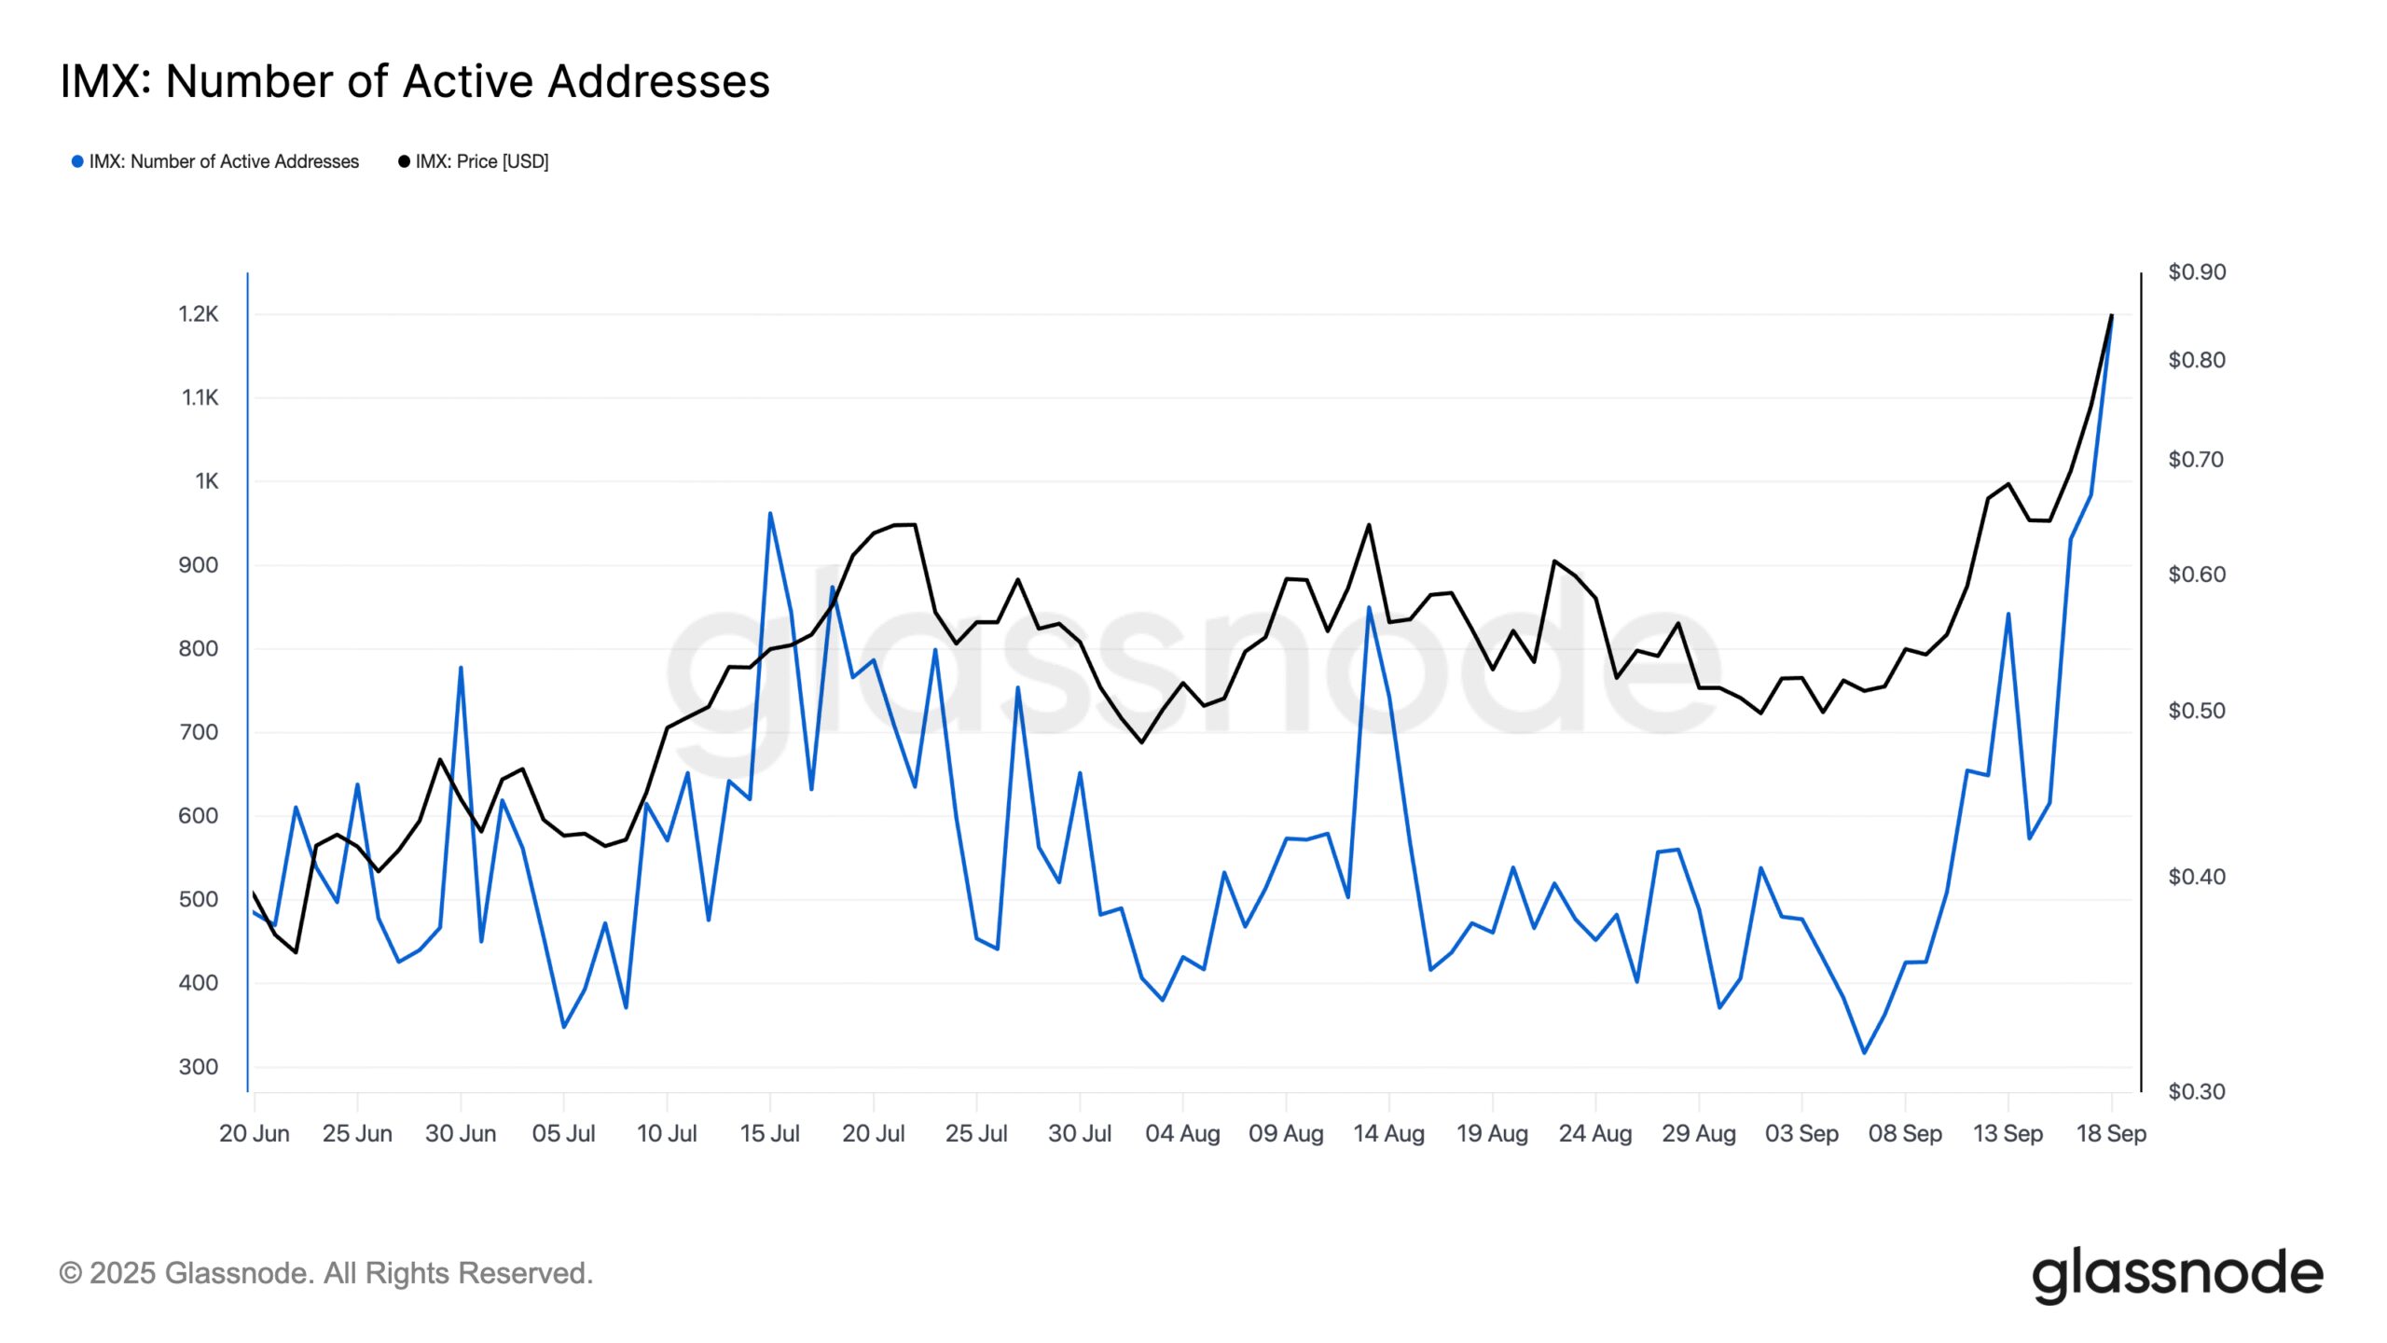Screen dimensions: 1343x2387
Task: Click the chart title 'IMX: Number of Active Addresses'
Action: point(415,81)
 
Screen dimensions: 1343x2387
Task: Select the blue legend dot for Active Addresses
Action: point(77,161)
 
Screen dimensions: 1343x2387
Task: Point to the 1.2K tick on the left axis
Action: point(199,314)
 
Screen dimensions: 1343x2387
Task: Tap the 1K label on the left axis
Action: point(206,481)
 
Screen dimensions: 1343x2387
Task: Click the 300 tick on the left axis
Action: point(199,1067)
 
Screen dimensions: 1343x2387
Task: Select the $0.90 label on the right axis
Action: point(2196,272)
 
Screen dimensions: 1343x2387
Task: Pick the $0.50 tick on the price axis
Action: point(2196,711)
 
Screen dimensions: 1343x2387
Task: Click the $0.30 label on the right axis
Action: point(2196,1092)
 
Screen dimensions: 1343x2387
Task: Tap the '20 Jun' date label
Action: point(254,1134)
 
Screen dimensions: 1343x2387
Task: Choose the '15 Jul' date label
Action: point(769,1134)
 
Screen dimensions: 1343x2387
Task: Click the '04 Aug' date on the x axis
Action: point(1182,1134)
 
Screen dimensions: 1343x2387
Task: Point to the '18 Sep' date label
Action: point(2111,1134)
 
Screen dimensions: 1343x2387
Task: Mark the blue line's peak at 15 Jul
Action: point(770,513)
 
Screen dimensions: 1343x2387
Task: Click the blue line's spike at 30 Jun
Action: point(461,668)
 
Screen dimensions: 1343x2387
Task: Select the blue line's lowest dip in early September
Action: point(1864,1053)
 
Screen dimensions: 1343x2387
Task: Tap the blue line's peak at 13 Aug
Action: point(1369,607)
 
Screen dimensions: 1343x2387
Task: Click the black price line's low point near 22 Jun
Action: point(296,952)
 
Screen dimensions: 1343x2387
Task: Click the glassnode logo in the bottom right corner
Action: point(2177,1275)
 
